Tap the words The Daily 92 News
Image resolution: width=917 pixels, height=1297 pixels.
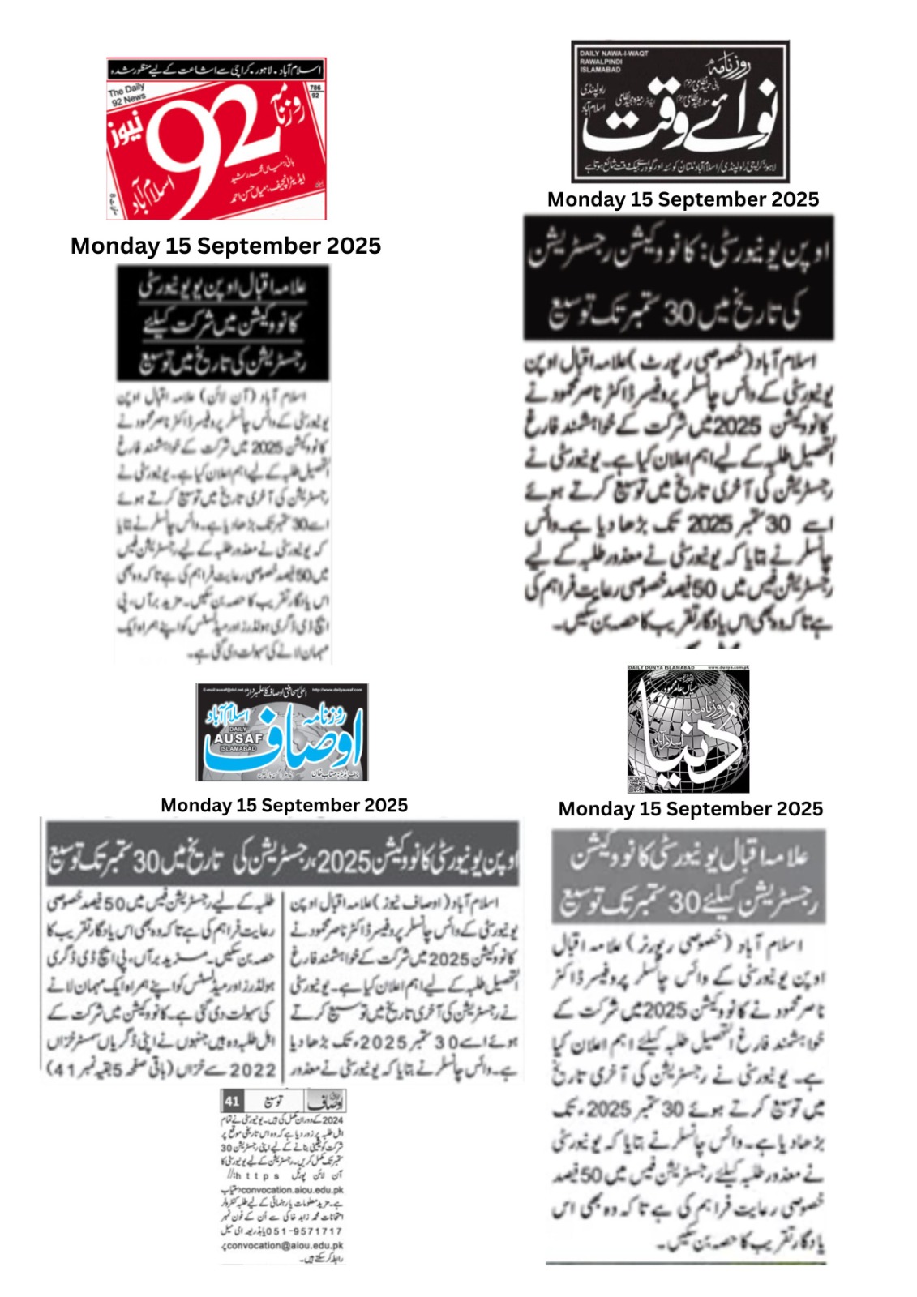point(127,94)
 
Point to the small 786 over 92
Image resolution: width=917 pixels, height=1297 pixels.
point(315,91)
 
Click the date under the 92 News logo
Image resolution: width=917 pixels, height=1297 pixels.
point(225,246)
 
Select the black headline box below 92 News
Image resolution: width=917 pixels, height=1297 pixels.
point(223,323)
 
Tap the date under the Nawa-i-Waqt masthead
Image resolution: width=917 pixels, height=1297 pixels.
point(683,199)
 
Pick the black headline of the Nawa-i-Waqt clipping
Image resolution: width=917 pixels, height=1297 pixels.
point(679,278)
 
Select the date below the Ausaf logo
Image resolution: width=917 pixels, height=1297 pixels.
point(284,805)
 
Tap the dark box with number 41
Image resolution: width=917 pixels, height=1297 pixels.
point(232,1101)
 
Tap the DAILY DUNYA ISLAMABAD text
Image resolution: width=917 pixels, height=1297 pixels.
point(662,668)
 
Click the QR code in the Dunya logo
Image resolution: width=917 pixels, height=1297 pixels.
point(636,784)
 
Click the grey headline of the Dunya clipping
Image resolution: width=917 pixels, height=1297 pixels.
point(688,876)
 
